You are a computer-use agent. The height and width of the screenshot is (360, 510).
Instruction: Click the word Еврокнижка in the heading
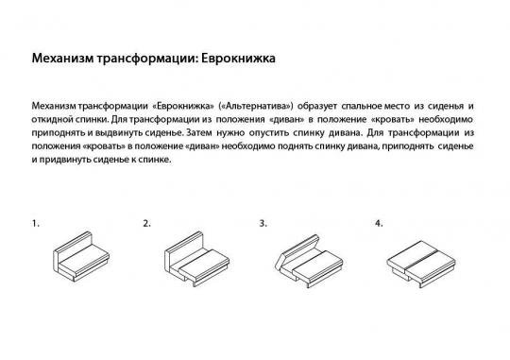click(x=240, y=60)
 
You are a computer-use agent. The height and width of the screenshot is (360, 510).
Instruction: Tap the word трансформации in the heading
click(x=144, y=60)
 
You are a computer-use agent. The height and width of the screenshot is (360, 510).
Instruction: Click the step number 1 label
click(x=35, y=224)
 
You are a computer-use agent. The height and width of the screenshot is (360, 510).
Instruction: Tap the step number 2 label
click(x=146, y=224)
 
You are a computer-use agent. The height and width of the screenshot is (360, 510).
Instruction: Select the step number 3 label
click(x=263, y=224)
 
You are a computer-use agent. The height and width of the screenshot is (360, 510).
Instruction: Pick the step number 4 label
click(x=379, y=224)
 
